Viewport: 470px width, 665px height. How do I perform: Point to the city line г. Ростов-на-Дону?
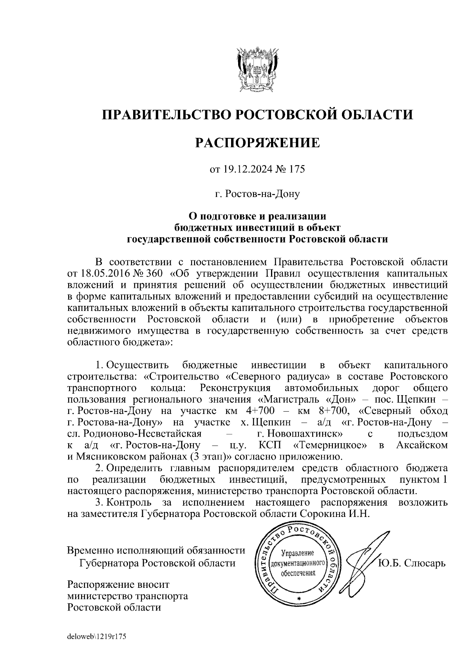point(257,194)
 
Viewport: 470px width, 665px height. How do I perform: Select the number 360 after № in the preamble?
point(148,273)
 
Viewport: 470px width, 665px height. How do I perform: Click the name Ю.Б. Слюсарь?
point(412,563)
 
